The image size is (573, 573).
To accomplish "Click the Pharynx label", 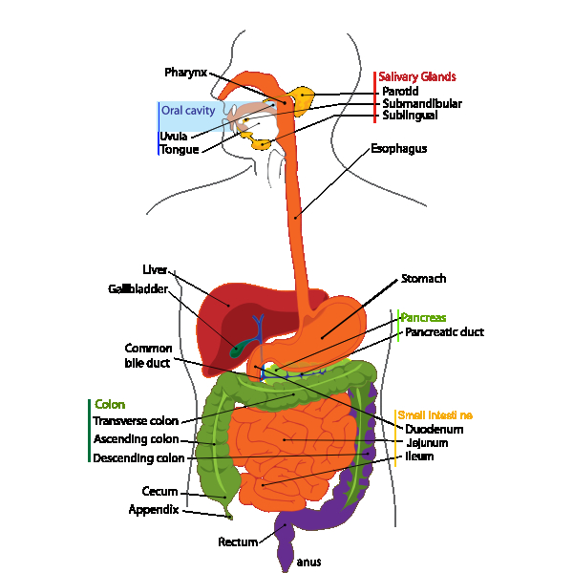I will tap(185, 73).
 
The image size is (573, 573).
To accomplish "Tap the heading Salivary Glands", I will tap(416, 76).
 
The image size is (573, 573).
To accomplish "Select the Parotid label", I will tap(400, 91).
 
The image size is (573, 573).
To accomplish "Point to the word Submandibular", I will tap(422, 103).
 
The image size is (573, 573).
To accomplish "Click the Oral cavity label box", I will tap(187, 111).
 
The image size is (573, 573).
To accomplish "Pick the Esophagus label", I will tap(398, 149).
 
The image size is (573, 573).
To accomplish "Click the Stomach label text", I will tap(423, 279).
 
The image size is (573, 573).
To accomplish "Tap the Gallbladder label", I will tap(138, 288).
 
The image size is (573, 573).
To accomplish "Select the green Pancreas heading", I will tap(423, 317).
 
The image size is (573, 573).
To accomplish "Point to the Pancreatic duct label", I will tap(444, 332).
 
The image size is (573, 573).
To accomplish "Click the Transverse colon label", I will tap(136, 420).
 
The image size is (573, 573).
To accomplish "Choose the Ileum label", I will tap(419, 456).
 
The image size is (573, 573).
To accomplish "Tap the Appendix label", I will tap(153, 510).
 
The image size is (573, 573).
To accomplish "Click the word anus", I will tap(308, 562).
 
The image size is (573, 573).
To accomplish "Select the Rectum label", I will tap(238, 542).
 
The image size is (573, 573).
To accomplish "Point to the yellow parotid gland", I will tap(304, 96).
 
